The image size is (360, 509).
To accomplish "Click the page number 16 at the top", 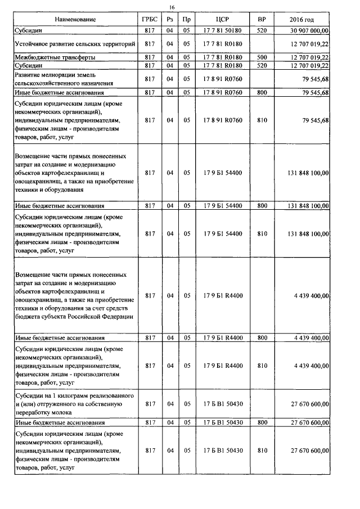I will coord(173,7).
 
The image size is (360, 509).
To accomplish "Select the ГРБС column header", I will coord(150,20).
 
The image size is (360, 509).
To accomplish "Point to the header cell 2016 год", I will coord(305,20).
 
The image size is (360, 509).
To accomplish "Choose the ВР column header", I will coord(262,20).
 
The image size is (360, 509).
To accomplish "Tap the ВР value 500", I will coord(262,57).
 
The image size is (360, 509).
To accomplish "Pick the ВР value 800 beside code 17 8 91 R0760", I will coord(262,92).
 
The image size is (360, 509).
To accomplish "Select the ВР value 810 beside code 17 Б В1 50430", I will coord(262,451).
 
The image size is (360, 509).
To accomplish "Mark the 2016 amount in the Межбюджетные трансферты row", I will coord(308,57).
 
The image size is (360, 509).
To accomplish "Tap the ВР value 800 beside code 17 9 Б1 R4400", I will coord(262,338).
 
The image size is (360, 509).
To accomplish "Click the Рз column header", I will coord(169,20).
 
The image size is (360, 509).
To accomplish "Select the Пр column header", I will coord(187,20).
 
